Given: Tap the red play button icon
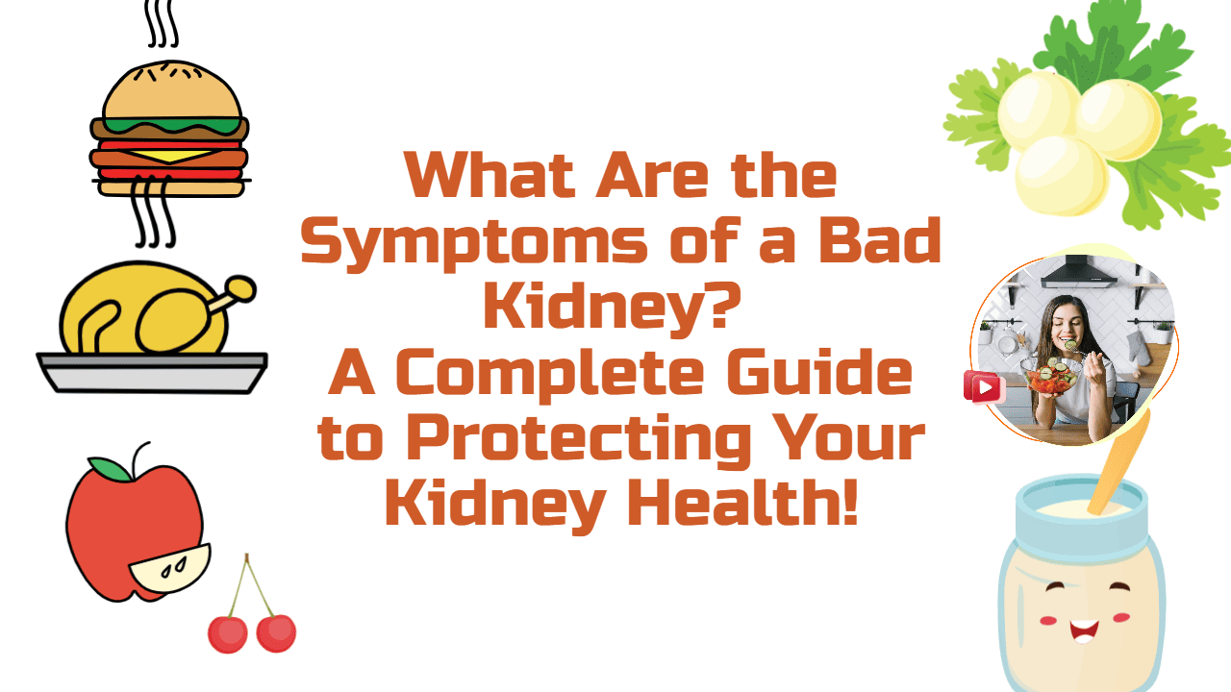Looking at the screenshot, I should click(984, 387).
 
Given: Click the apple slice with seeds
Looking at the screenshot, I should click(171, 568).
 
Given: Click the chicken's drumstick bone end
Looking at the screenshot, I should click(242, 287).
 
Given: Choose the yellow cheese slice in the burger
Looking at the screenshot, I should click(173, 154).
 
